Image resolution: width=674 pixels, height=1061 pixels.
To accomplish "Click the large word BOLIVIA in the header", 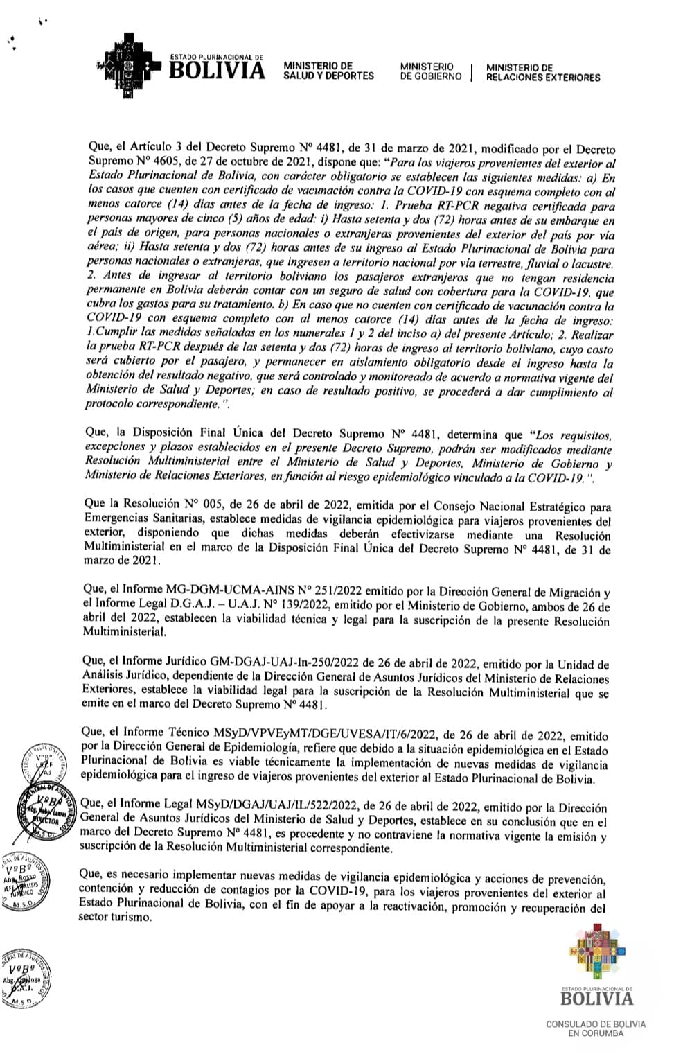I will coord(218,71).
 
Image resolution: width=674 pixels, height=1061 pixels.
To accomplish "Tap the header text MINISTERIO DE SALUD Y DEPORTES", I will coord(328,71).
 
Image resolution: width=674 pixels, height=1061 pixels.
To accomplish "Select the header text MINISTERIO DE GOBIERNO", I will coord(430,71).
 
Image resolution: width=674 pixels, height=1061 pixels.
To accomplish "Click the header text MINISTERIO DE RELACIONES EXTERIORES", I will coord(542,72).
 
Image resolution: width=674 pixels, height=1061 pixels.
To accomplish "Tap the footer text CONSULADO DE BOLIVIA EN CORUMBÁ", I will coord(596,1028).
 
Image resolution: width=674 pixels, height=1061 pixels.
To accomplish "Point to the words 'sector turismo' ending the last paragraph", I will coord(114,917).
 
